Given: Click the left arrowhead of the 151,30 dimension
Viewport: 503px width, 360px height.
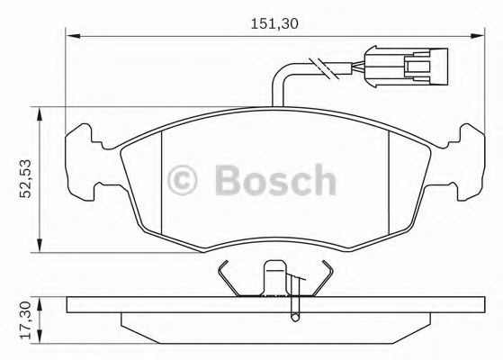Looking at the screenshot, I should pyautogui.click(x=73, y=37).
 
